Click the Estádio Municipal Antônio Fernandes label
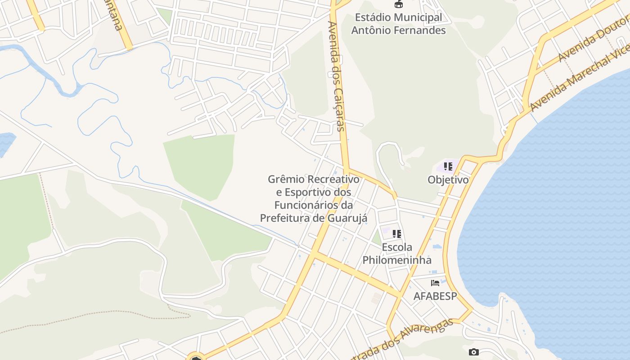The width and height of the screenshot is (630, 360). (x=398, y=24)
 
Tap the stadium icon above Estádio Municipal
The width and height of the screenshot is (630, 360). (x=398, y=4)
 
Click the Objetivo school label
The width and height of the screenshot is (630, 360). (x=448, y=180)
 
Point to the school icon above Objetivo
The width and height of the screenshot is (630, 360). (x=448, y=166)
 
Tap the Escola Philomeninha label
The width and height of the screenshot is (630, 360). (x=397, y=254)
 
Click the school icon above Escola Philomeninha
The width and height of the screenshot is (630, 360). (x=396, y=234)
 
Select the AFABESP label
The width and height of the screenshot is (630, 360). (x=435, y=296)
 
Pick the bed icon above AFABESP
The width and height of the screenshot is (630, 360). (x=435, y=283)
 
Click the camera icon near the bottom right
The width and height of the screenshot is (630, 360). (x=473, y=352)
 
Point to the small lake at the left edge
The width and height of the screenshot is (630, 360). (x=5, y=143)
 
